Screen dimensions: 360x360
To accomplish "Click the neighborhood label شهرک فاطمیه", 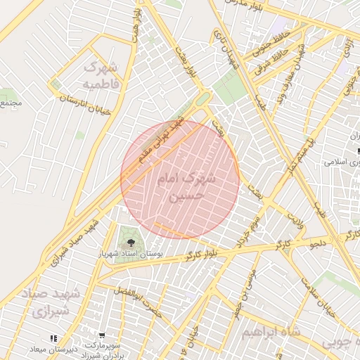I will point(103,75).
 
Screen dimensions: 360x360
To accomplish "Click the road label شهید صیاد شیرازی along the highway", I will point(79,240).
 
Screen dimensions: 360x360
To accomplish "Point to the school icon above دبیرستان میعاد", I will point(54,339).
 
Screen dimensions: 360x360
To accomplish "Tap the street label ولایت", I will point(295,225).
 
